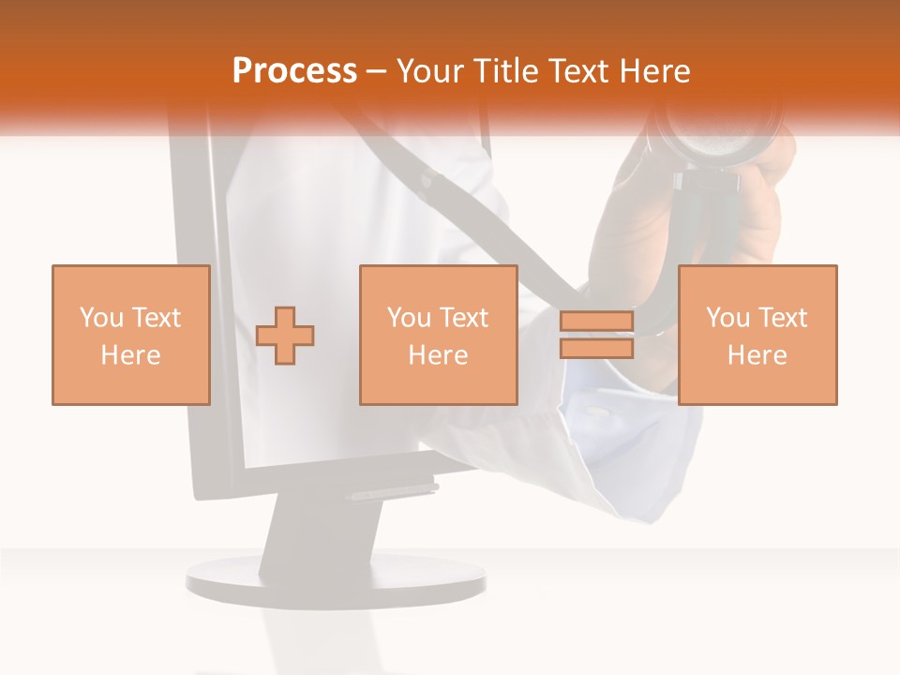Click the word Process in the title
point(294,71)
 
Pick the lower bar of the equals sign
point(596,348)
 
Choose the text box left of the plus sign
point(131,335)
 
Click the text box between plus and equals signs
point(439,335)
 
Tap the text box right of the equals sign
point(757,335)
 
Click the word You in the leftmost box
point(98,318)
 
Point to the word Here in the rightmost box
point(757,354)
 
